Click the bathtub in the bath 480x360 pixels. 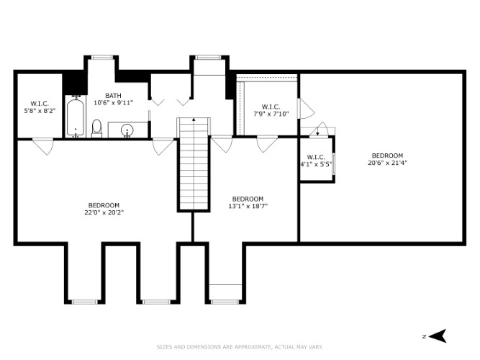click(75, 117)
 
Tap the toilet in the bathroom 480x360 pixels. click(96, 128)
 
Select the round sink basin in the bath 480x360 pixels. click(127, 130)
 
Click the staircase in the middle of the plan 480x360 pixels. click(194, 164)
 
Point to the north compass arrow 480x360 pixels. click(438, 336)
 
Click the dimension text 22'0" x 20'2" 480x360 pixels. click(104, 212)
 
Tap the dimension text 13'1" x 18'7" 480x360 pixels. click(248, 206)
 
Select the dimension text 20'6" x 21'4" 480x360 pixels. click(387, 163)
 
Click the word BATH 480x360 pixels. click(113, 96)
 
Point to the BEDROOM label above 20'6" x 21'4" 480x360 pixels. click(387, 156)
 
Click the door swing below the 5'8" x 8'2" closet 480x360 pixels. click(43, 146)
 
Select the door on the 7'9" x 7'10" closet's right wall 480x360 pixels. click(306, 109)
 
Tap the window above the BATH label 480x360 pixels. click(102, 57)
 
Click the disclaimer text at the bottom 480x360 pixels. click(240, 347)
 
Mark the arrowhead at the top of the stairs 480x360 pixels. click(194, 120)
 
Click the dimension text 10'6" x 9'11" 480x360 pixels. click(113, 103)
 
